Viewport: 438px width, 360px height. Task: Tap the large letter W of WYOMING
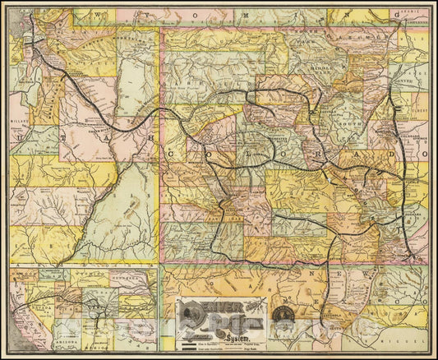[97, 16]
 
